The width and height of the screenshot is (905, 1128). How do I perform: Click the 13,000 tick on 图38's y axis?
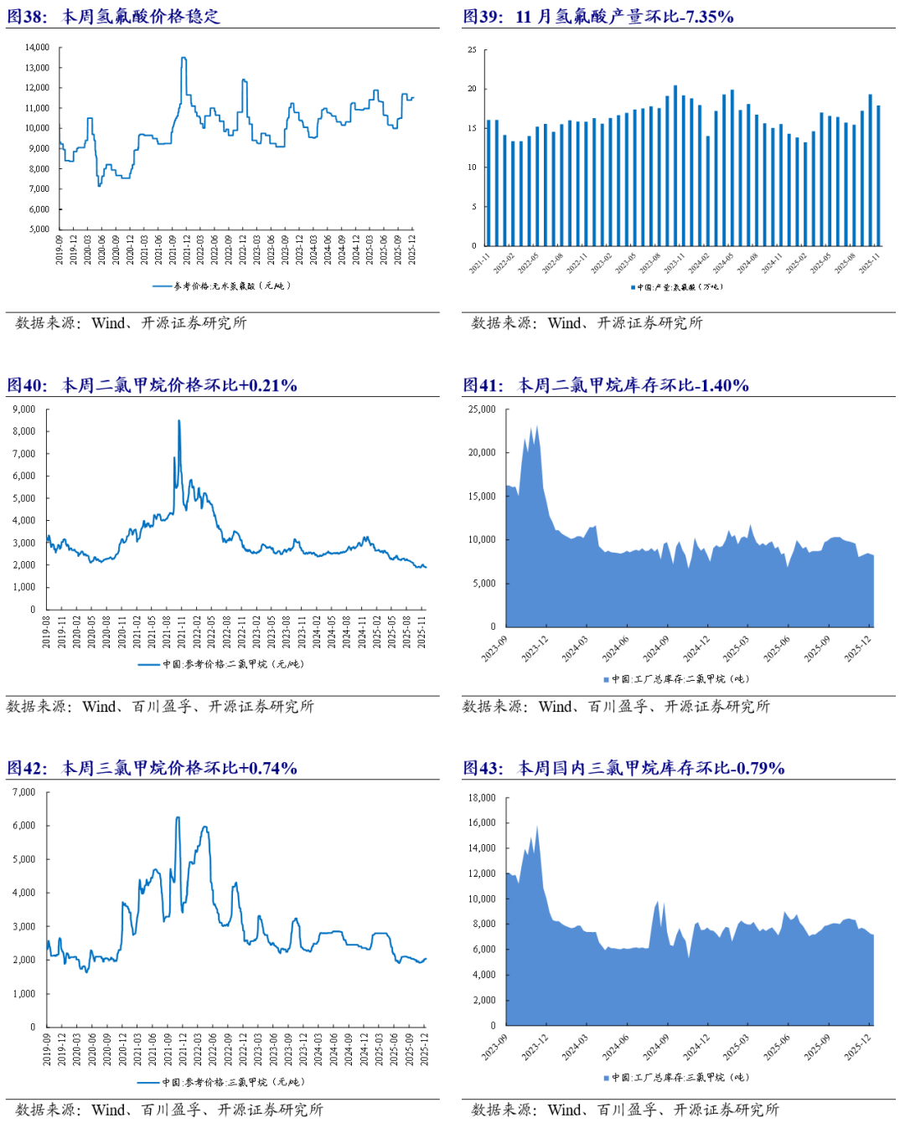pyautogui.click(x=38, y=68)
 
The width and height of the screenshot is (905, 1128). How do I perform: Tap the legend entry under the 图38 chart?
pyautogui.click(x=223, y=286)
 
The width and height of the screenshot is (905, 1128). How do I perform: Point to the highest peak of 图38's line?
pyautogui.click(x=184, y=59)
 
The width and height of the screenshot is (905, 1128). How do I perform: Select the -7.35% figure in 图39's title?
pyautogui.click(x=705, y=17)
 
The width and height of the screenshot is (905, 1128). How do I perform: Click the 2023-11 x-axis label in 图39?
pyautogui.click(x=675, y=263)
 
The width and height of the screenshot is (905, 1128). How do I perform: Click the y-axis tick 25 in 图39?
pyautogui.click(x=472, y=50)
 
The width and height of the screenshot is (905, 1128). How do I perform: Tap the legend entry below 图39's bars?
pyautogui.click(x=677, y=287)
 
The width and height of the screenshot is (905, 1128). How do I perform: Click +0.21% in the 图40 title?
pyautogui.click(x=268, y=386)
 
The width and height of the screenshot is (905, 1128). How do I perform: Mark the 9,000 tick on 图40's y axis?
pyautogui.click(x=24, y=409)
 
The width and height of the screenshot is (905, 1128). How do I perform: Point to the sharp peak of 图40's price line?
pyautogui.click(x=178, y=421)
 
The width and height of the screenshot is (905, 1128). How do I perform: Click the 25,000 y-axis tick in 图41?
pyautogui.click(x=482, y=409)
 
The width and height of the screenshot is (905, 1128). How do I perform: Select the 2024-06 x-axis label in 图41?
pyautogui.click(x=616, y=649)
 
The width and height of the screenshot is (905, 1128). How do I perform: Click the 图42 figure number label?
pyautogui.click(x=27, y=769)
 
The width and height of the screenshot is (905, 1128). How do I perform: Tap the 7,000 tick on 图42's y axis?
pyautogui.click(x=24, y=792)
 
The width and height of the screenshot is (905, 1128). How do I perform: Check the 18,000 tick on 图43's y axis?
pyautogui.click(x=482, y=798)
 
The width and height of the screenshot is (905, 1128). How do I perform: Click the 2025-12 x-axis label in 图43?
pyautogui.click(x=858, y=1047)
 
